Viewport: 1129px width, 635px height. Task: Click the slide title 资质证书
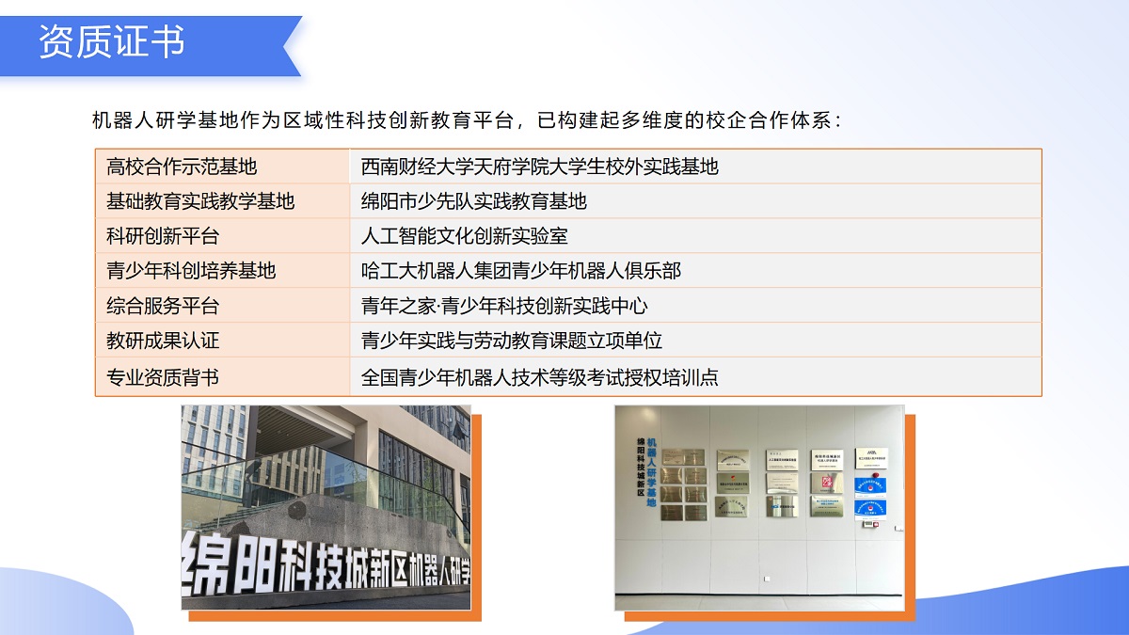(112, 42)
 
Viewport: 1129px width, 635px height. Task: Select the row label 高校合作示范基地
(182, 167)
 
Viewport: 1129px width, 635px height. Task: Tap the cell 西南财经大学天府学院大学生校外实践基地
(539, 167)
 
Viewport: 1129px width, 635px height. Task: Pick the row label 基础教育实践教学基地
(200, 201)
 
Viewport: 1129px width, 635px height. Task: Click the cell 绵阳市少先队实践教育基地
(473, 201)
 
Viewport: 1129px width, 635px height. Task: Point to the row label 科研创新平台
(163, 236)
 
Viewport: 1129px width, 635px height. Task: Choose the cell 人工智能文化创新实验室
(464, 236)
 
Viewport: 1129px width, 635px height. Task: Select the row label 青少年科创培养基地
(191, 271)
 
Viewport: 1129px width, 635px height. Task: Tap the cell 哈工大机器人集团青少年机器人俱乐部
(520, 271)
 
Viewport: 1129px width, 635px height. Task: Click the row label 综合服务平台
(163, 306)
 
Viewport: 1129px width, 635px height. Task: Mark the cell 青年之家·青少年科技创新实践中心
(504, 306)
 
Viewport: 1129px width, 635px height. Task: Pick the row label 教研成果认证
(163, 341)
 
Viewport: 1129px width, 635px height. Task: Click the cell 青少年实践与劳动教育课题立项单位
(511, 341)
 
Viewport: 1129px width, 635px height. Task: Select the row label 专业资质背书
(163, 377)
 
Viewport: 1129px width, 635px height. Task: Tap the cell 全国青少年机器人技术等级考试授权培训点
(539, 377)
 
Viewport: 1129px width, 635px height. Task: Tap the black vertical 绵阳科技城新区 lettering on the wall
(641, 468)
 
